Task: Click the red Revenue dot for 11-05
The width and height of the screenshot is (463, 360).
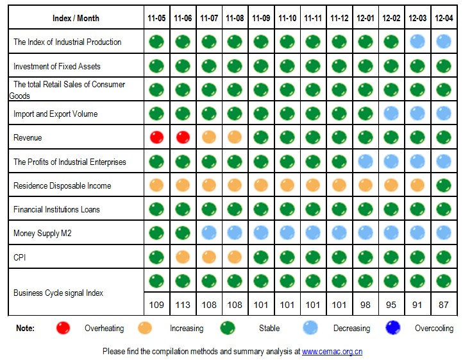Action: [156, 137]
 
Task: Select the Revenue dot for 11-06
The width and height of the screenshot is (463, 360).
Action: [183, 137]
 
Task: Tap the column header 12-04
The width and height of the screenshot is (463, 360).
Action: [443, 18]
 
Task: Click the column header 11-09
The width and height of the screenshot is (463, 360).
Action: [261, 18]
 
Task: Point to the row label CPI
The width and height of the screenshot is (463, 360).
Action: [20, 257]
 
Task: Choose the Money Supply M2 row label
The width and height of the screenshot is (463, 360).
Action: [42, 234]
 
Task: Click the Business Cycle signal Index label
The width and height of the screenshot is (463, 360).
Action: [58, 293]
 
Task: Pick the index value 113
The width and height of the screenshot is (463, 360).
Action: [183, 305]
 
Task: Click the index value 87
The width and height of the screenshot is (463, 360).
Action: [443, 305]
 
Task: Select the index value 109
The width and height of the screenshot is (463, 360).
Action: [156, 305]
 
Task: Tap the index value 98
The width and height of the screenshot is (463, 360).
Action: [365, 305]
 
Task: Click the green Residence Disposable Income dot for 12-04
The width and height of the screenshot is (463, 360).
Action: [443, 185]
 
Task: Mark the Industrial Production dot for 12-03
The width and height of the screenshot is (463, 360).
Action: [417, 42]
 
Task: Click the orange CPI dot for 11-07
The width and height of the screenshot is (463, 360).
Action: [209, 257]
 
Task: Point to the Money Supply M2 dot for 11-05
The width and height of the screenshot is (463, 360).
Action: [156, 233]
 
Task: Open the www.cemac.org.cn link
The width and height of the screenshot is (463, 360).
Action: [332, 352]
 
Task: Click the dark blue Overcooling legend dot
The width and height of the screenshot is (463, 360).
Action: [392, 328]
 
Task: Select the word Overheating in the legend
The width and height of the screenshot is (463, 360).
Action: [104, 329]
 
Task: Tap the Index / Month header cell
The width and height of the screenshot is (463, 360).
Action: [76, 18]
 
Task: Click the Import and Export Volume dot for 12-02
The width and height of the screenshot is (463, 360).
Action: [391, 114]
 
